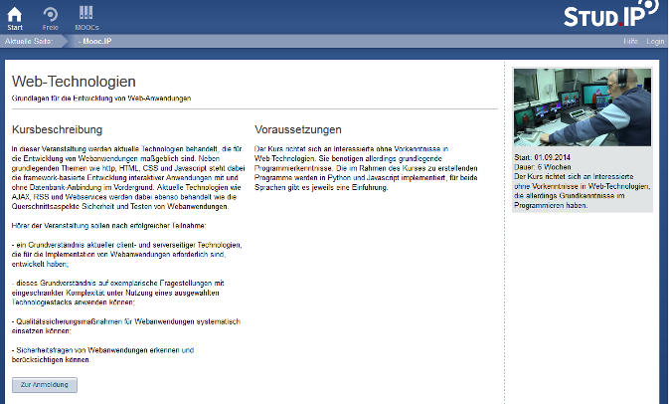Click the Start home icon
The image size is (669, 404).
14,13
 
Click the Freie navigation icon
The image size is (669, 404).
50,13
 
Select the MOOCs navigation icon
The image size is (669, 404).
85,13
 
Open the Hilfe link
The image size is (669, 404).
630,42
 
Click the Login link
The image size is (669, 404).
655,42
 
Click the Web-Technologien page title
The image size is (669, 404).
74,81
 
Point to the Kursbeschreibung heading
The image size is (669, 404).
58,129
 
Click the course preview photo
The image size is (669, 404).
582,110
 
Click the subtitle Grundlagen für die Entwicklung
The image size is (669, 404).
100,99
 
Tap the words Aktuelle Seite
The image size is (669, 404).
28,42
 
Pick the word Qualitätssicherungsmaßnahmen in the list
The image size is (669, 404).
59,321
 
